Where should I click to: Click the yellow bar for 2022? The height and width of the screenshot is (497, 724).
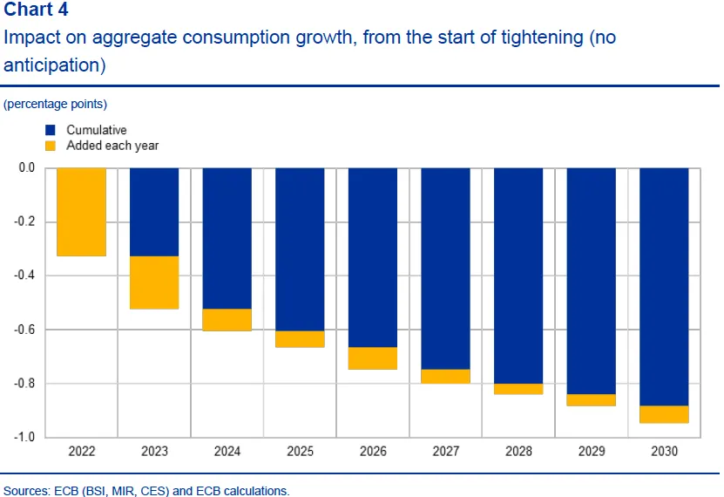81,212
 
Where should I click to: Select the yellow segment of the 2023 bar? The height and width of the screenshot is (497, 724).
154,283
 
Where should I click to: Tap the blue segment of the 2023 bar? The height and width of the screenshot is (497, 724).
154,212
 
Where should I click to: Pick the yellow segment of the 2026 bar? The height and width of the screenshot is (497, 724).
373,358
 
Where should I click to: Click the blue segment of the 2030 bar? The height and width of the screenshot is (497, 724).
664,287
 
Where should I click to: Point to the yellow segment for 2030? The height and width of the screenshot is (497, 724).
664,414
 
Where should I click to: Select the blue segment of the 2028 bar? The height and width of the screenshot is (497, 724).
518,276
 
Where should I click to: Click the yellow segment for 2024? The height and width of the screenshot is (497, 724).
227,320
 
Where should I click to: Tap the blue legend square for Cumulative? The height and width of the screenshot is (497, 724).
50,131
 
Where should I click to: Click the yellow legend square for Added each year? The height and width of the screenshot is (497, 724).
50,146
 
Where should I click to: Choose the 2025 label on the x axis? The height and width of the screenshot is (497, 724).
300,453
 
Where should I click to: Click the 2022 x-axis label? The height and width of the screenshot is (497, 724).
81,453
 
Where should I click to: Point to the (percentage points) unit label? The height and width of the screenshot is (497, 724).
56,104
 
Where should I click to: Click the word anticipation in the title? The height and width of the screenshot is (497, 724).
51,65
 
